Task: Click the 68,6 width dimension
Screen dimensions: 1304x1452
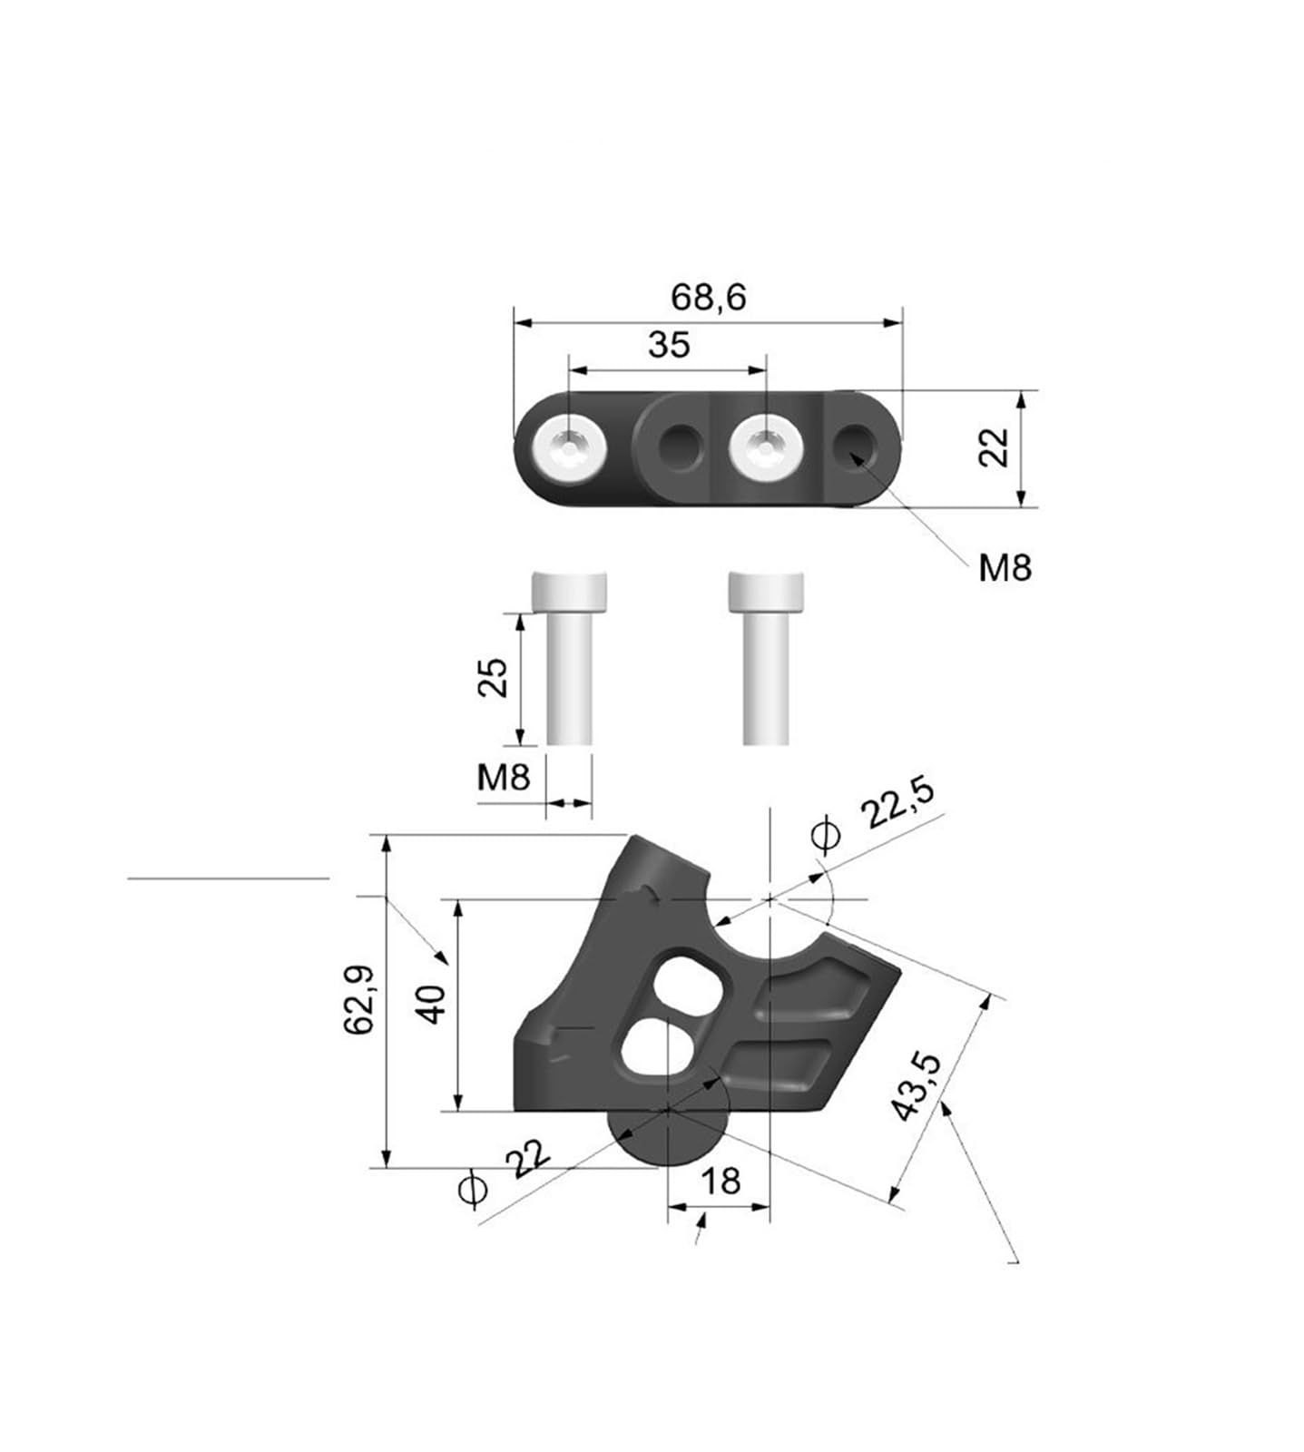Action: tap(708, 298)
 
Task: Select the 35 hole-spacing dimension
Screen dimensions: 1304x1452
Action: tap(669, 346)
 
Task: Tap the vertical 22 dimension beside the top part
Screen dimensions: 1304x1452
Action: tap(995, 447)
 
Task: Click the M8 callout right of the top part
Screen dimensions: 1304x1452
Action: tap(1005, 568)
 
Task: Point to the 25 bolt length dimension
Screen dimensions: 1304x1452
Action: tap(493, 676)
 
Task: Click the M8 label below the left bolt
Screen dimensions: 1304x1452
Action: tap(504, 777)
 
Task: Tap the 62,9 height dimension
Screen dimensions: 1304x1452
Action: tap(359, 999)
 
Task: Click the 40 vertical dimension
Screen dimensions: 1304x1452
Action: tap(433, 1003)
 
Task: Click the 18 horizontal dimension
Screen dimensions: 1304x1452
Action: tap(721, 1181)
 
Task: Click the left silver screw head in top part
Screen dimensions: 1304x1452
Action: tap(570, 448)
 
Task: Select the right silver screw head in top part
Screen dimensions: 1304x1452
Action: tap(768, 448)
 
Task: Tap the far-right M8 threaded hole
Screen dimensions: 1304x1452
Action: tap(855, 446)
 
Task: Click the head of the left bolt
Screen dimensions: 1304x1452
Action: tap(569, 593)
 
